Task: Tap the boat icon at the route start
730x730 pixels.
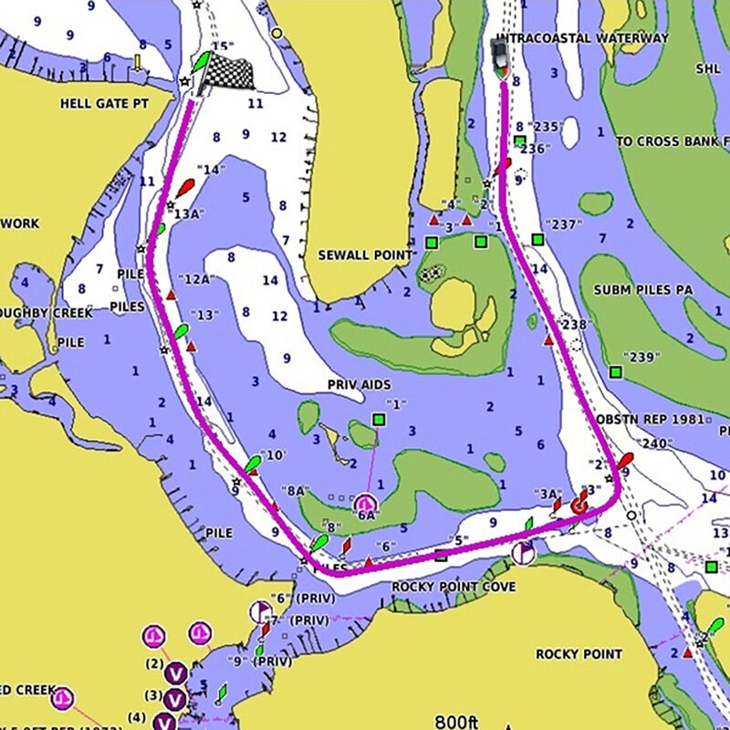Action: (501, 57)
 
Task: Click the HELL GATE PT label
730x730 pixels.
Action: (103, 104)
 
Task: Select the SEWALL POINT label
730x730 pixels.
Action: (364, 255)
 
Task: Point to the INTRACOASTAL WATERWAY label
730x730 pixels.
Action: (580, 38)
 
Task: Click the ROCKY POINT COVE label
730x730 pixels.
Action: (454, 587)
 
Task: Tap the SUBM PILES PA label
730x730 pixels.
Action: (642, 290)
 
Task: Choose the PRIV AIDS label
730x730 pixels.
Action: (359, 385)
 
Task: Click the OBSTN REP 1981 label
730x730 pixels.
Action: (650, 420)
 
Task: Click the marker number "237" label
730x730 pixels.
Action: (562, 224)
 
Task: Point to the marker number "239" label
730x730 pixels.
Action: (641, 356)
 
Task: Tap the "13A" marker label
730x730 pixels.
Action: (188, 214)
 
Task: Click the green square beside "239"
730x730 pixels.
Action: (616, 372)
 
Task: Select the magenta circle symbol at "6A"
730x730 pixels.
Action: (366, 503)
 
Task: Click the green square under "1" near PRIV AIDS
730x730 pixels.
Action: (379, 420)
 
